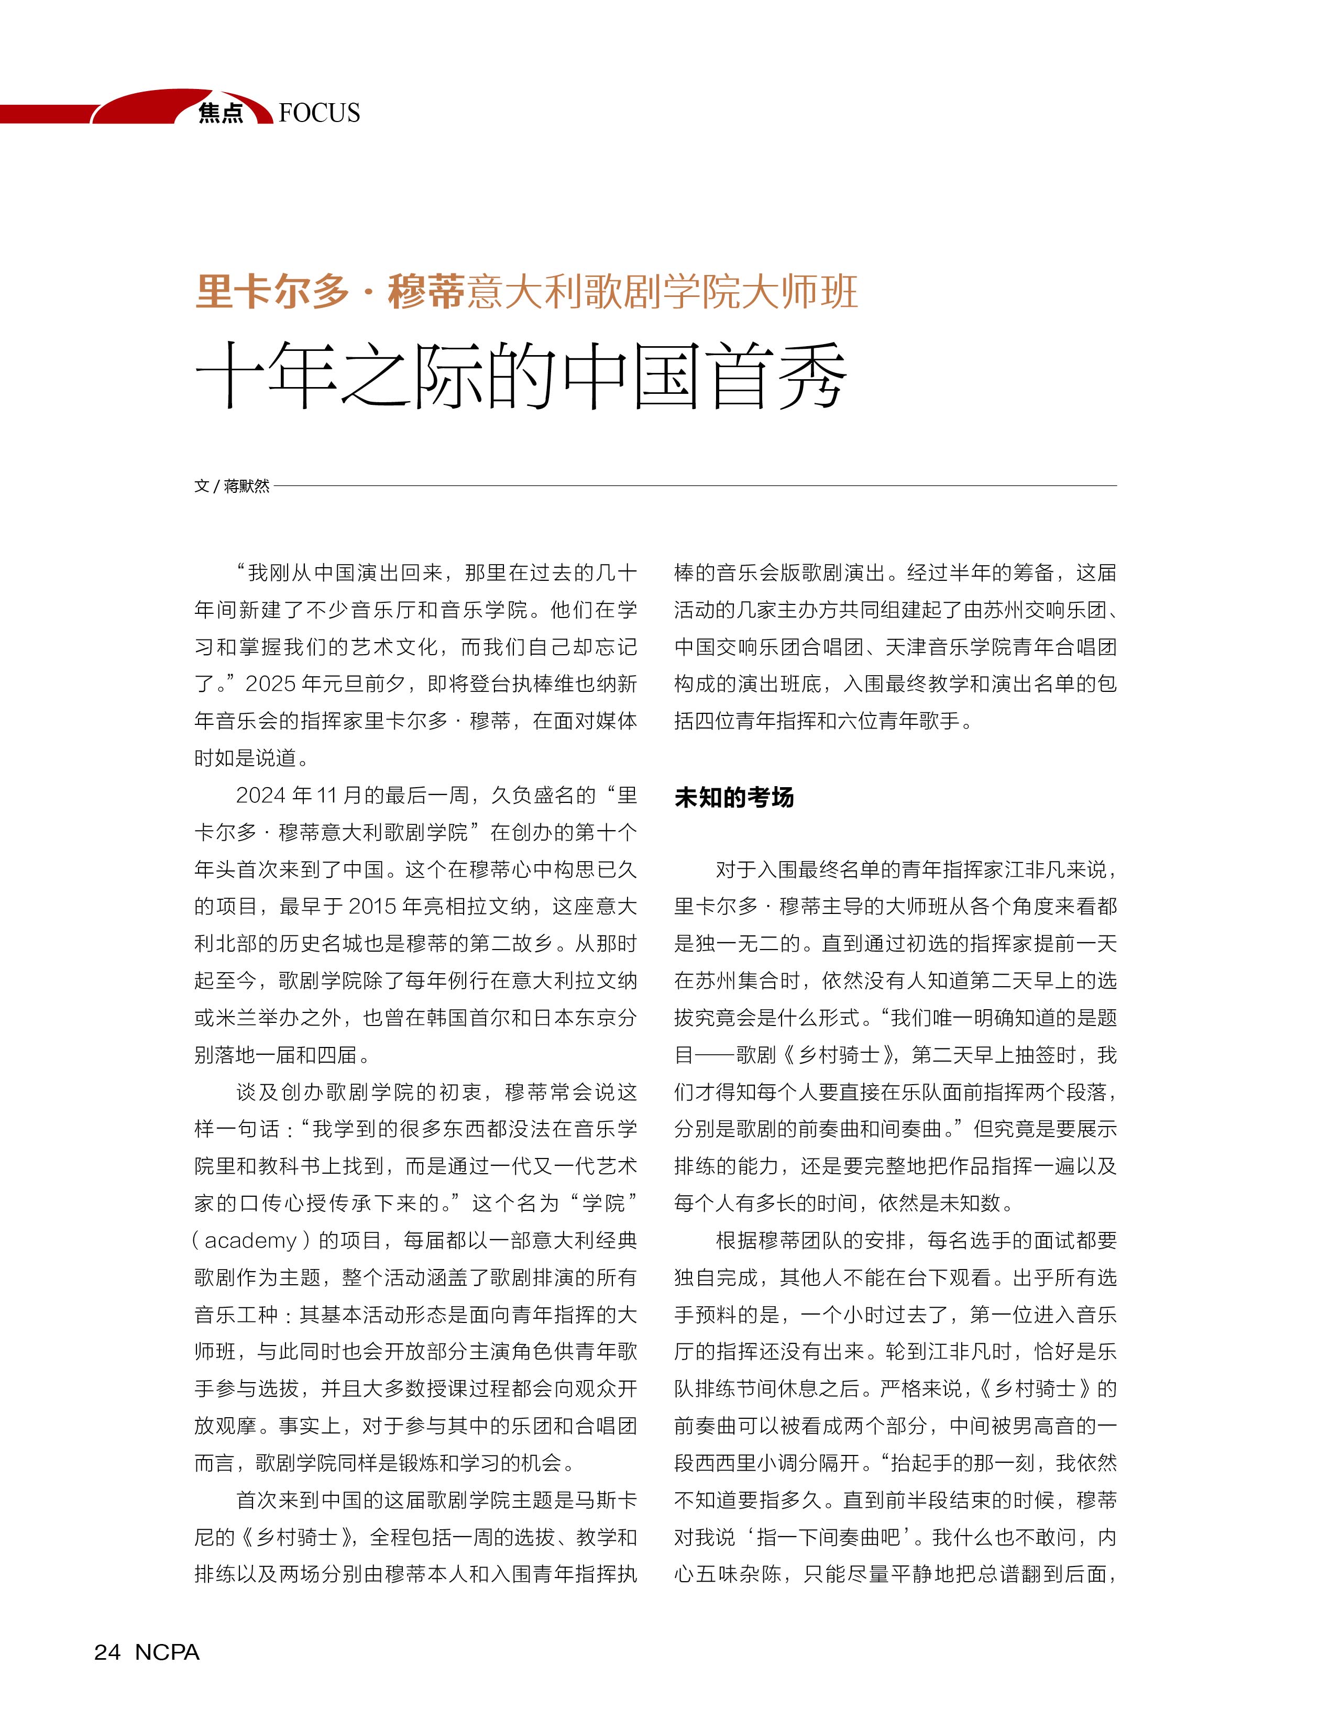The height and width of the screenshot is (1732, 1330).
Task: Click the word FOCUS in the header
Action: (319, 113)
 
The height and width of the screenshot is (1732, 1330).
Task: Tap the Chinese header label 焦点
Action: (221, 113)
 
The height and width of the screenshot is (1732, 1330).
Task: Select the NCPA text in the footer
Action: (167, 1652)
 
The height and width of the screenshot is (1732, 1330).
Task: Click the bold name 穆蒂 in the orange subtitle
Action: (425, 291)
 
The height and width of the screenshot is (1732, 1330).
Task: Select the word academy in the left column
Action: (250, 1240)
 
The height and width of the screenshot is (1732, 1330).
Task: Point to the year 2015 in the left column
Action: (373, 907)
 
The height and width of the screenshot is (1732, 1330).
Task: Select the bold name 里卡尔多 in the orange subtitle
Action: (271, 291)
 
